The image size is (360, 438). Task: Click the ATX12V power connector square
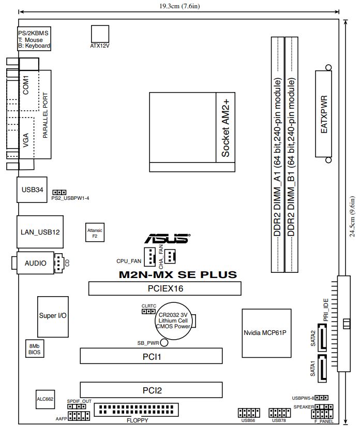[x=100, y=33]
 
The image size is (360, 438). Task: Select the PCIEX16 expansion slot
[x=165, y=288]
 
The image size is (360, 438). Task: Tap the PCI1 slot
[x=151, y=356]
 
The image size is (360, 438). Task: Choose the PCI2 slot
[x=151, y=389]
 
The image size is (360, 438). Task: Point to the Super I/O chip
[x=53, y=315]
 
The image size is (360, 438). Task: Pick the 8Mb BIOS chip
[x=35, y=348]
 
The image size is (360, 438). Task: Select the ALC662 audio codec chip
[x=45, y=399]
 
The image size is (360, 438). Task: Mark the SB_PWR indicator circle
[x=164, y=343]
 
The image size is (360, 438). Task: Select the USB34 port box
[x=33, y=189]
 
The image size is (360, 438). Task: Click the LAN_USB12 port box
[x=40, y=232]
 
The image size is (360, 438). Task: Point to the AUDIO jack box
[x=35, y=263]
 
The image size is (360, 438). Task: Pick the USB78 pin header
[x=279, y=413]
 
